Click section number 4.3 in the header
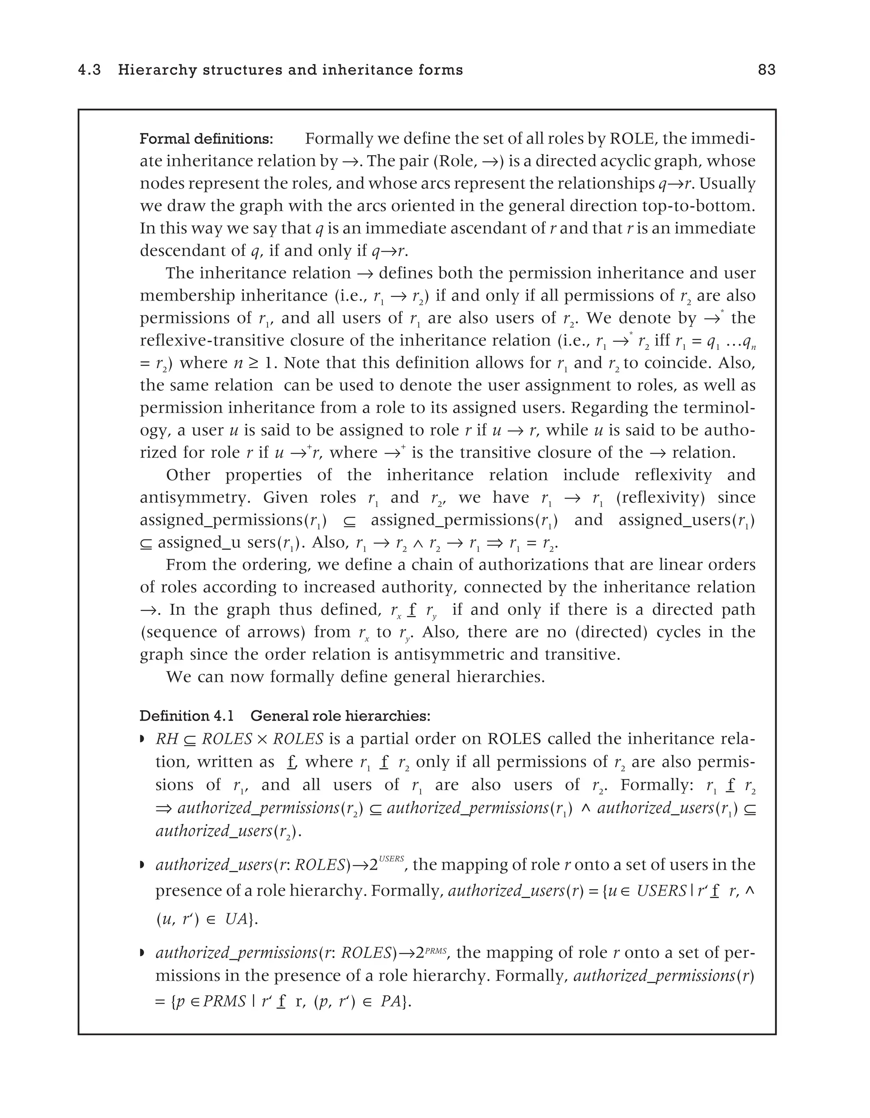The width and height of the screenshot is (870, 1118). point(90,70)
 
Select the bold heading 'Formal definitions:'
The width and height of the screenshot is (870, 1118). point(206,139)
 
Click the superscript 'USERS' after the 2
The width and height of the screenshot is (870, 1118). point(392,859)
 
